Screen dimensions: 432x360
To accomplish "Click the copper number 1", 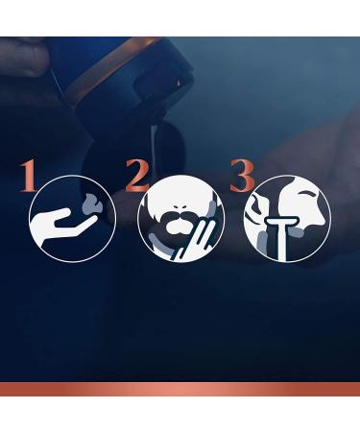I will (28, 176).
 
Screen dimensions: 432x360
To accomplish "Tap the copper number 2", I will (136, 175).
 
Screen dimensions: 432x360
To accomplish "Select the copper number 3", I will (242, 176).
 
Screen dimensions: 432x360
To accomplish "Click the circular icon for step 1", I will (72, 219).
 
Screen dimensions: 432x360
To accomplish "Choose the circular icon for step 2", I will (180, 219).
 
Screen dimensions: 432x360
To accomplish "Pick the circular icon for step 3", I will (286, 219).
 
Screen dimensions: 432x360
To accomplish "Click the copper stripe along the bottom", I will (180, 389).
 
